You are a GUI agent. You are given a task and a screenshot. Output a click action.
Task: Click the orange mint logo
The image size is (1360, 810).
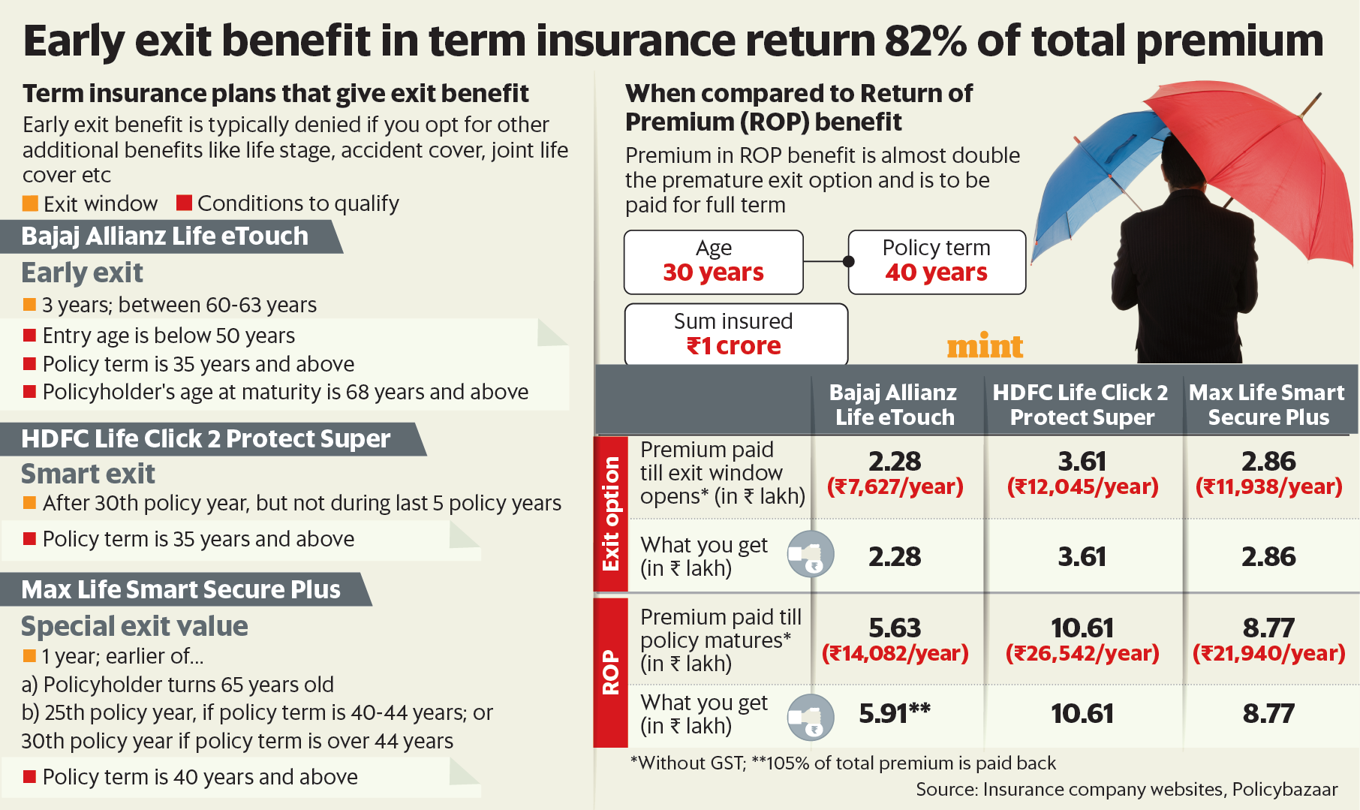[984, 346]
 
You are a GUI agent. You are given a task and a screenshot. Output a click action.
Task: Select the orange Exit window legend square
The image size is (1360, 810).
[30, 203]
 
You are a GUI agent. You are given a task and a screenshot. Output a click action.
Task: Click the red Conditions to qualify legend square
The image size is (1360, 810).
[184, 203]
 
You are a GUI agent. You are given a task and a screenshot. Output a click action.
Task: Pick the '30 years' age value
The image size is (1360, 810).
[713, 273]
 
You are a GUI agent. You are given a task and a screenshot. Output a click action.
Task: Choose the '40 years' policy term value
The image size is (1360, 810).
[936, 273]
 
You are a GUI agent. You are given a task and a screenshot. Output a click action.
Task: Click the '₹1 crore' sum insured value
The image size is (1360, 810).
[733, 346]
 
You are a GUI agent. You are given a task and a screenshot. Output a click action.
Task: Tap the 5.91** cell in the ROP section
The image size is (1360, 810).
[894, 713]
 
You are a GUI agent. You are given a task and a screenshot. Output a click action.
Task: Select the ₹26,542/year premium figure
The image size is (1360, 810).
[1082, 653]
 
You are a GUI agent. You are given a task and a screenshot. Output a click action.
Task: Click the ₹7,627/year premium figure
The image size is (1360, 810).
[895, 486]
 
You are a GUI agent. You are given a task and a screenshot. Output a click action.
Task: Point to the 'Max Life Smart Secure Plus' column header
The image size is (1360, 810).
[1268, 405]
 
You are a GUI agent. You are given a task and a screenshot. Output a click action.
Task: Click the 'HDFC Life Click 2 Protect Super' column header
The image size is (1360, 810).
[1081, 405]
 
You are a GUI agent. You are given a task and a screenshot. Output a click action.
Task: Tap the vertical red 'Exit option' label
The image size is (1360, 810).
[611, 514]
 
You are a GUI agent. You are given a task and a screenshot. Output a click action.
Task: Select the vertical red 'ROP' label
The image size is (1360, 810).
[611, 672]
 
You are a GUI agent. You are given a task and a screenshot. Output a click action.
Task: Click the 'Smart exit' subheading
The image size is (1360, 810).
[88, 474]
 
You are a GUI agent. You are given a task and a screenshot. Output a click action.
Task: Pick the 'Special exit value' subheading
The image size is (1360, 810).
[134, 626]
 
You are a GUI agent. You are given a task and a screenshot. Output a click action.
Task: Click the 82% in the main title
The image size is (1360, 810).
[925, 41]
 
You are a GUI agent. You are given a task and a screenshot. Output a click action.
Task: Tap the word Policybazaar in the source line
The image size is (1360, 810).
[1285, 790]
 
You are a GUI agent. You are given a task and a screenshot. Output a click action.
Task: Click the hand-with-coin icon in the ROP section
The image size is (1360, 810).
[811, 718]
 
